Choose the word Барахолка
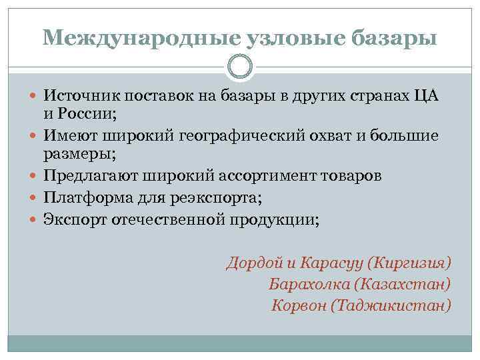click(309, 283)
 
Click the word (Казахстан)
click(403, 283)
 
